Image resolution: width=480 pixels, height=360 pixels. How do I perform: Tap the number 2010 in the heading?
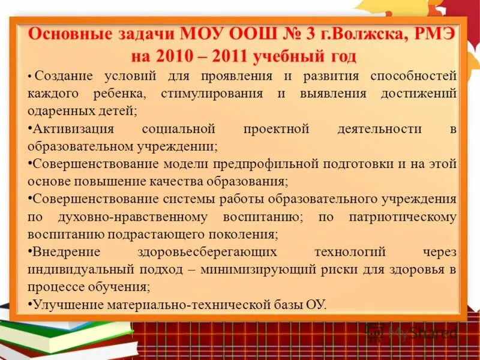click(176, 56)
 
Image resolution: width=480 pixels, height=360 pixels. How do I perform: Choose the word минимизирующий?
click(274, 269)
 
